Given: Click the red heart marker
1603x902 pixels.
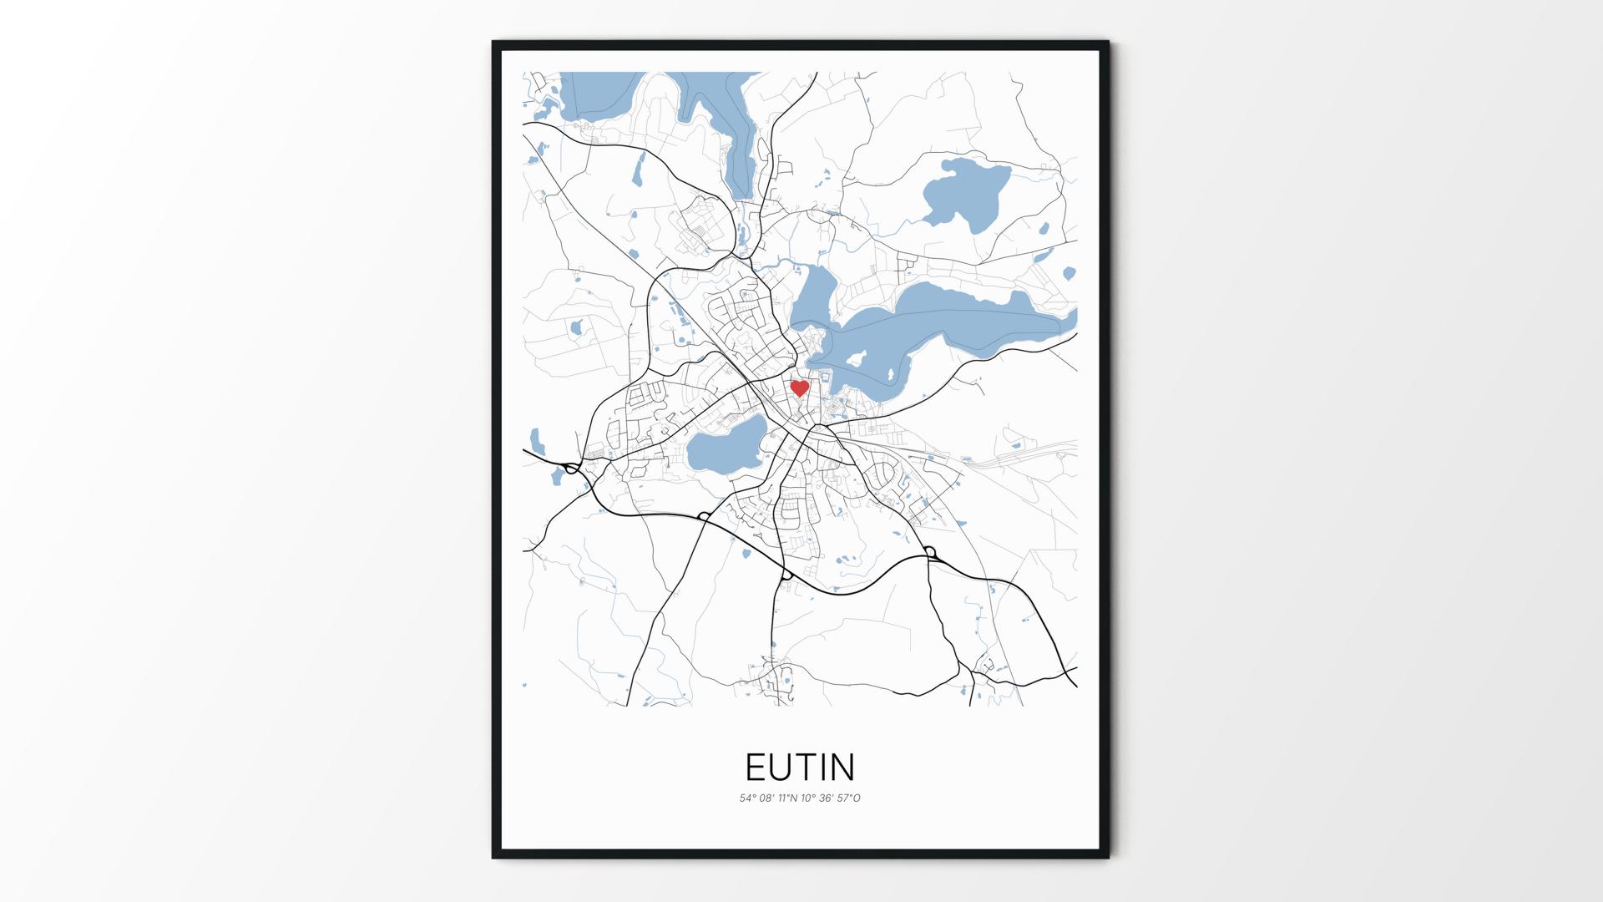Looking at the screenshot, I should tap(800, 388).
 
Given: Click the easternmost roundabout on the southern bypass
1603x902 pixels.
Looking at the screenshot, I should tap(929, 552).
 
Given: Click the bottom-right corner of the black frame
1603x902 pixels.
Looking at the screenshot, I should tap(1108, 857).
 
